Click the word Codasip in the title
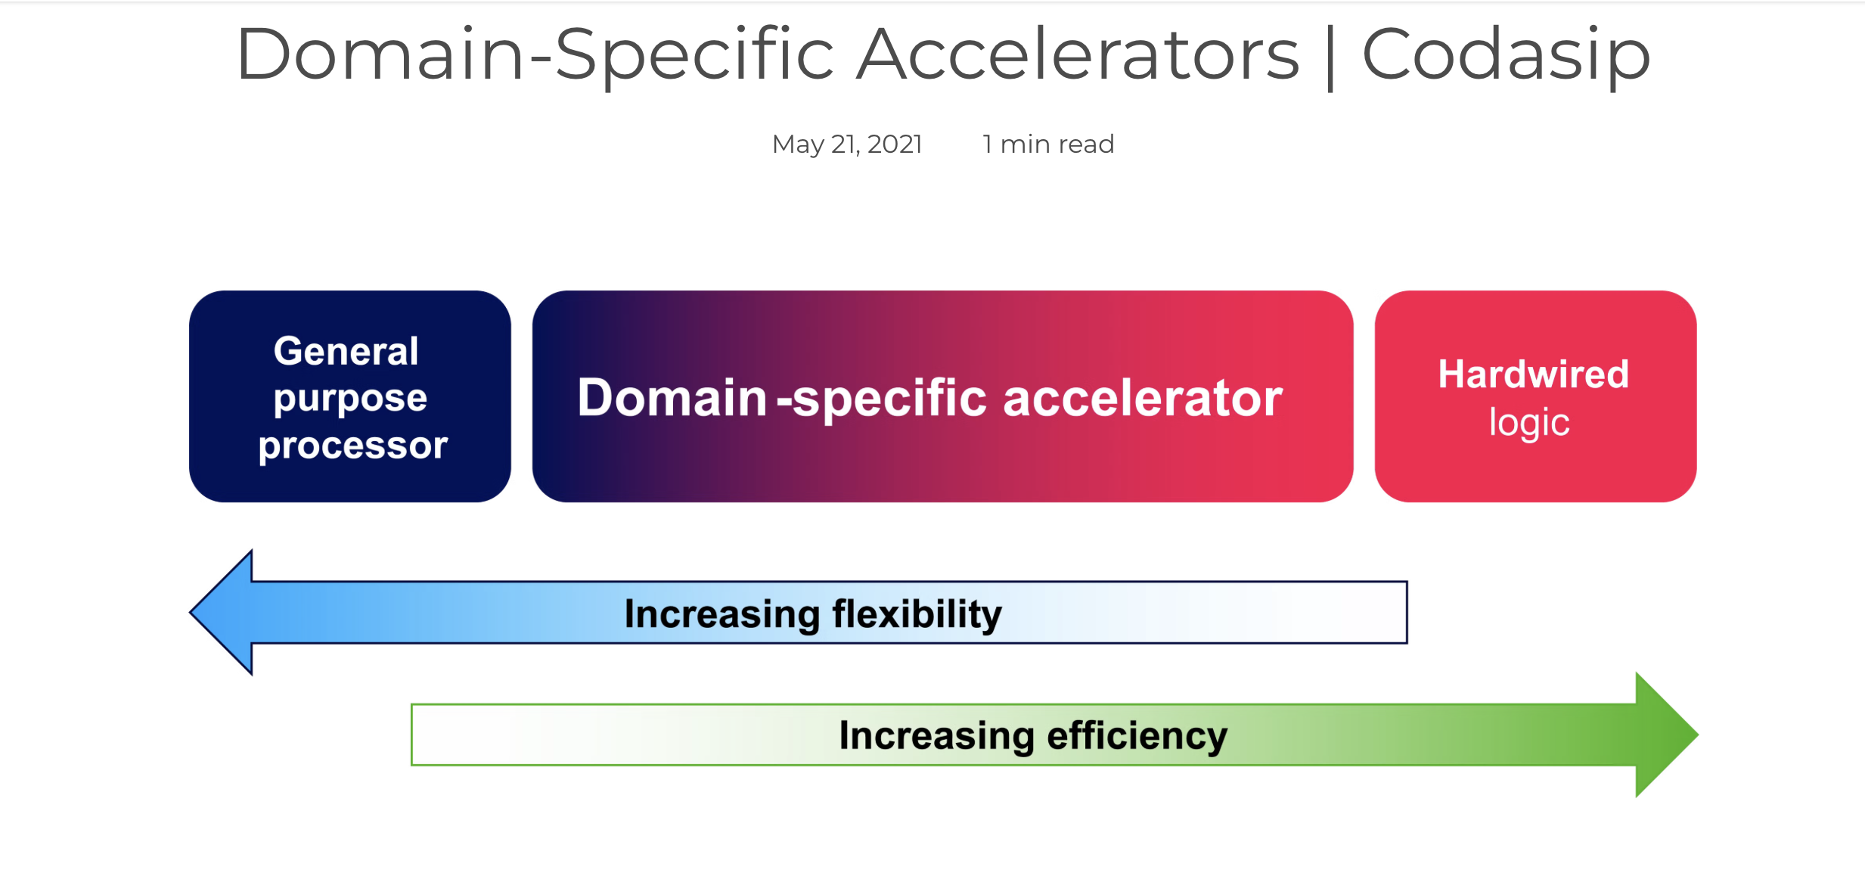click(1506, 55)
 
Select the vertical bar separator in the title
click(1330, 56)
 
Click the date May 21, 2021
click(847, 144)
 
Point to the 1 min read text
click(1048, 144)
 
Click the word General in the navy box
click(346, 351)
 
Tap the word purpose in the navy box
click(350, 399)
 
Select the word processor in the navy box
click(353, 446)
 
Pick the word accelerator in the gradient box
click(1143, 398)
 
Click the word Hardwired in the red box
click(1533, 374)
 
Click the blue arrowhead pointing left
click(221, 612)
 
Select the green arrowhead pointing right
click(1667, 735)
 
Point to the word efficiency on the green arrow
click(1137, 736)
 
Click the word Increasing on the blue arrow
click(722, 614)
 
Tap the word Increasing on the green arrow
click(937, 736)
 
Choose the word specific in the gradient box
click(890, 399)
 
